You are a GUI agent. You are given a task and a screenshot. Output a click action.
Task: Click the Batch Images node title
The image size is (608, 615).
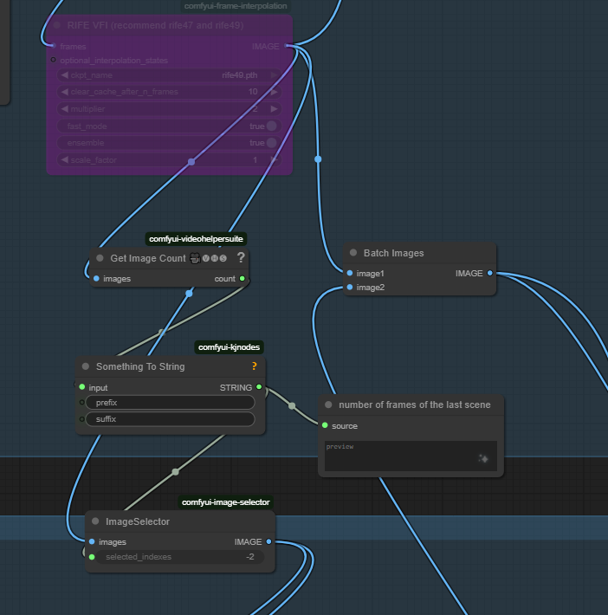pyautogui.click(x=393, y=253)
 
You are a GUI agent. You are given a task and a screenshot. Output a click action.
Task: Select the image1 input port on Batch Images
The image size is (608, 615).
pyautogui.click(x=349, y=274)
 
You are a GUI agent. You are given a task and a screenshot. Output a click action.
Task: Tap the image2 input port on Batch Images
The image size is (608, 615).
pyautogui.click(x=349, y=287)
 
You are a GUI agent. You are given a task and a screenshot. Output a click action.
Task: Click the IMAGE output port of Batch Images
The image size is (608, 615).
pyautogui.click(x=490, y=274)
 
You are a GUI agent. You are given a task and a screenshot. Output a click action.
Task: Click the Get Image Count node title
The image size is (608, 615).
pyautogui.click(x=147, y=258)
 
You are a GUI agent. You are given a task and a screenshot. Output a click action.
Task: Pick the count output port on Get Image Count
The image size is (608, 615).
pyautogui.click(x=243, y=279)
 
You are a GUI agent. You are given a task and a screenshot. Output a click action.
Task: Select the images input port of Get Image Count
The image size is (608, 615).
pyautogui.click(x=96, y=279)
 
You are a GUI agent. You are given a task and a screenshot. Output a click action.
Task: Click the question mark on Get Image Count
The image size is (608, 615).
pyautogui.click(x=241, y=258)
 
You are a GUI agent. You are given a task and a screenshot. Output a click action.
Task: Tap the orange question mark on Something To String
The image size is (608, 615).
pyautogui.click(x=254, y=366)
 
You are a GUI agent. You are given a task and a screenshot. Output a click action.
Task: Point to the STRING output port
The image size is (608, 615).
pyautogui.click(x=259, y=388)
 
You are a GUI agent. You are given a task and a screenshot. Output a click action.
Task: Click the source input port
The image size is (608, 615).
pyautogui.click(x=325, y=426)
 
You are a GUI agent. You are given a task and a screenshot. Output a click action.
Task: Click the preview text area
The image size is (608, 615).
pyautogui.click(x=411, y=456)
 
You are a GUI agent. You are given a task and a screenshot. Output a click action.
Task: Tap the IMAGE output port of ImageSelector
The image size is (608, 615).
pyautogui.click(x=268, y=542)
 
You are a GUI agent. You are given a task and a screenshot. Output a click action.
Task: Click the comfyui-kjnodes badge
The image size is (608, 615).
pyautogui.click(x=229, y=347)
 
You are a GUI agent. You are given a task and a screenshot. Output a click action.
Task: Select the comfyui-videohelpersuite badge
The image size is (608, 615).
pyautogui.click(x=196, y=238)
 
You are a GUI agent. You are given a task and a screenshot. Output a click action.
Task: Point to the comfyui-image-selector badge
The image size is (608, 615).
pyautogui.click(x=225, y=502)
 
